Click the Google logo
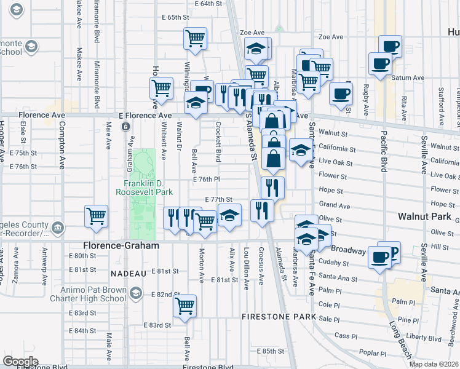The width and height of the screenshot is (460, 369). (x=20, y=361)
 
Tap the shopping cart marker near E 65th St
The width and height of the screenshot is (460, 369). (x=195, y=38)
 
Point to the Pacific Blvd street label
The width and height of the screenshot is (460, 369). (x=383, y=154)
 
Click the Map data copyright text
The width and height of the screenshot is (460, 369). (x=434, y=364)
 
